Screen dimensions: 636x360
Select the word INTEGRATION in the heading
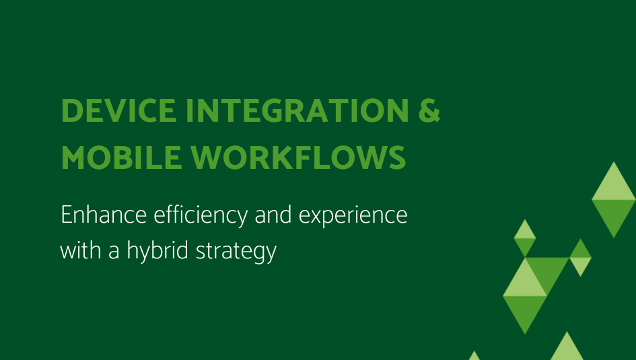297,110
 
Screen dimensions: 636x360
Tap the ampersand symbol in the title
429,110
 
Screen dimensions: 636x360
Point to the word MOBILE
121,157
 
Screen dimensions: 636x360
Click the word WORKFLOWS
298,157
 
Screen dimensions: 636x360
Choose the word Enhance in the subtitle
104,215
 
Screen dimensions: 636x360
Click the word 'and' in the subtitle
273,214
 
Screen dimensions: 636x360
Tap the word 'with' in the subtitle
80,250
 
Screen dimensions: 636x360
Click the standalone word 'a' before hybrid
114,252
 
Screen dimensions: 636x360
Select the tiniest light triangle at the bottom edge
474,356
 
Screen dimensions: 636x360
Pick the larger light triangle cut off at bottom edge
567,349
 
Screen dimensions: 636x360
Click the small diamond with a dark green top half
580,258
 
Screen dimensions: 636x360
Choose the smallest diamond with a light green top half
525,238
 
